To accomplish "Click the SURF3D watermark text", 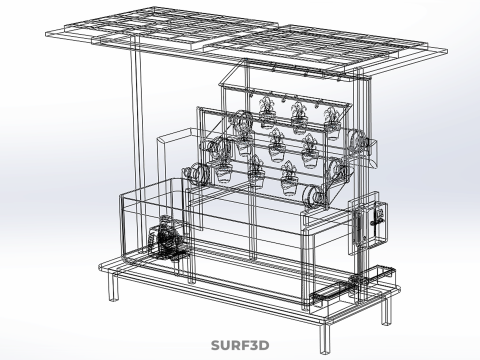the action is [x=240, y=345].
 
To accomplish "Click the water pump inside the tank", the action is [x=166, y=239].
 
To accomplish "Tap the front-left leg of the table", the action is [x=114, y=286].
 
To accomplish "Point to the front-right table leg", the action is [x=325, y=338].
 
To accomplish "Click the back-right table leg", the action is [x=386, y=310].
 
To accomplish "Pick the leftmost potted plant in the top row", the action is [x=267, y=113].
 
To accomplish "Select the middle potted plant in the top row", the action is [x=299, y=118].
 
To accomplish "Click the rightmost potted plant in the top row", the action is [x=332, y=123].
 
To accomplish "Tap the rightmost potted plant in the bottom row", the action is [x=289, y=178].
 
